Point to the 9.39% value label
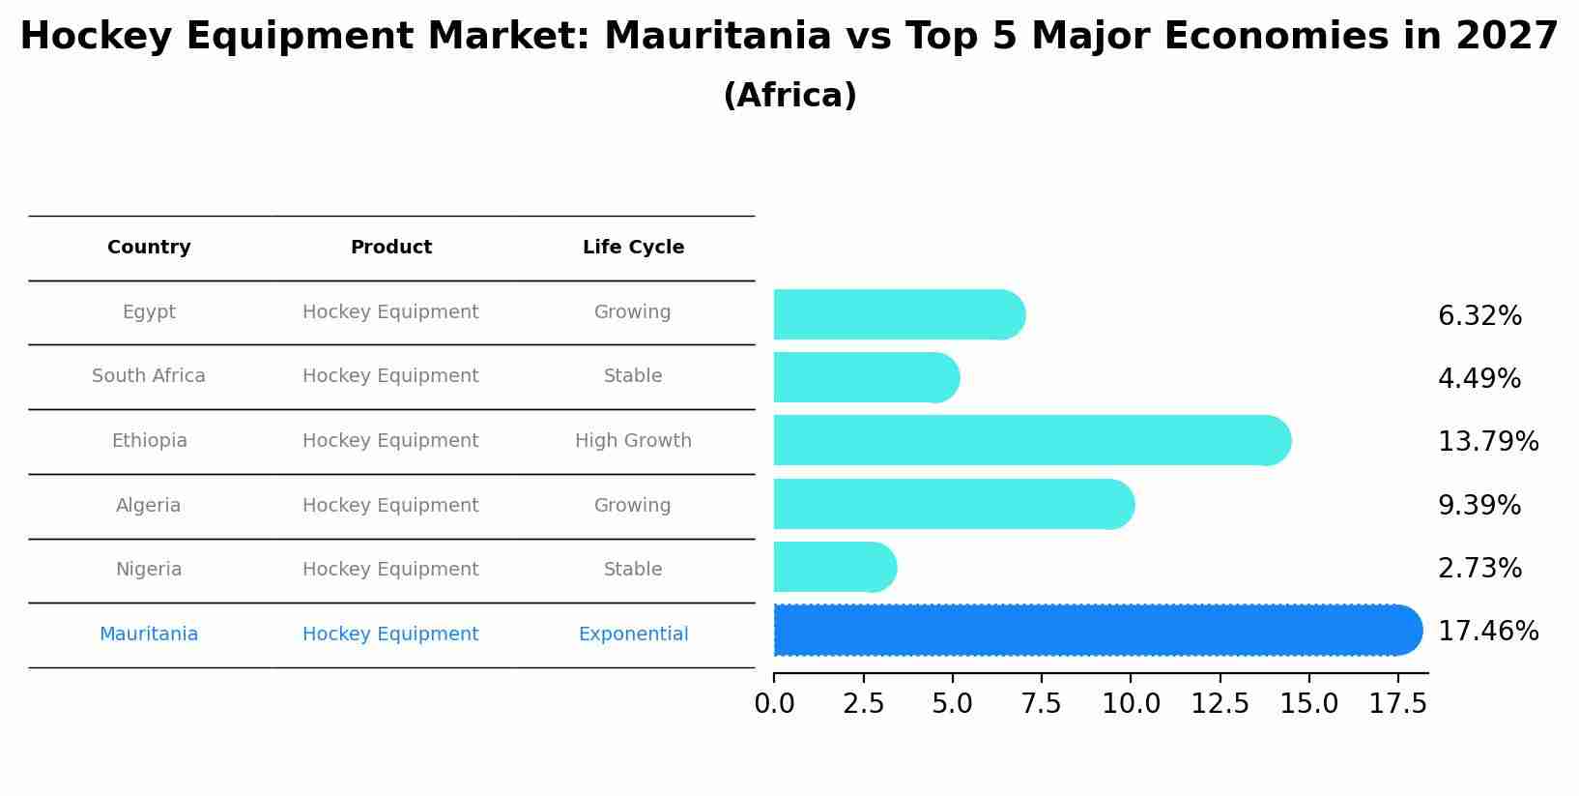[x=1479, y=506]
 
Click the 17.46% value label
[x=1487, y=632]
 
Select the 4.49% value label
[x=1479, y=379]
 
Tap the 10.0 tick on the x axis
[x=1131, y=704]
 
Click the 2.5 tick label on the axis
[x=863, y=704]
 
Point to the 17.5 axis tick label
[x=1397, y=704]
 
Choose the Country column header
[x=149, y=248]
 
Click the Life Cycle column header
[x=633, y=248]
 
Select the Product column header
[x=390, y=248]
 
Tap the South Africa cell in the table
[x=149, y=376]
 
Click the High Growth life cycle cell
[x=633, y=441]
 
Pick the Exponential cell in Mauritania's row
[x=633, y=634]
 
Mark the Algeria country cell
[x=149, y=506]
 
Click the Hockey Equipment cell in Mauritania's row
[x=390, y=634]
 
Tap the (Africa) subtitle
[x=789, y=96]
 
